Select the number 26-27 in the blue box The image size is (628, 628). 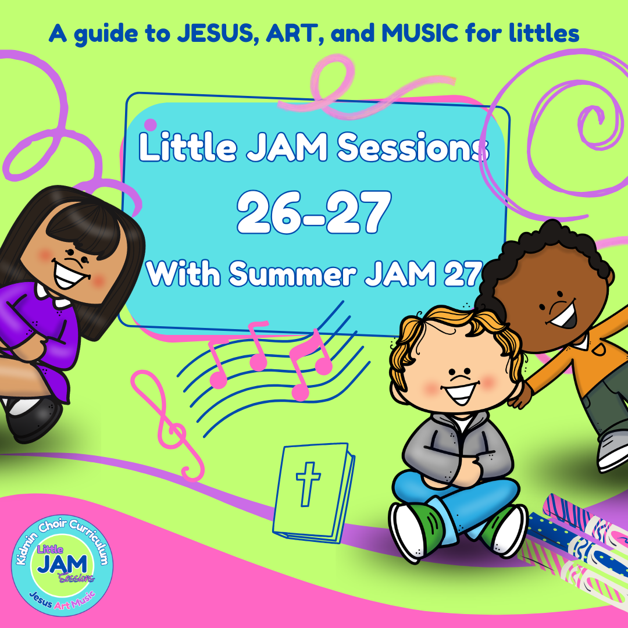(x=312, y=213)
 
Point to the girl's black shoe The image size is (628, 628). (x=35, y=422)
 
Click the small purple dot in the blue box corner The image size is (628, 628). (x=150, y=124)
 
